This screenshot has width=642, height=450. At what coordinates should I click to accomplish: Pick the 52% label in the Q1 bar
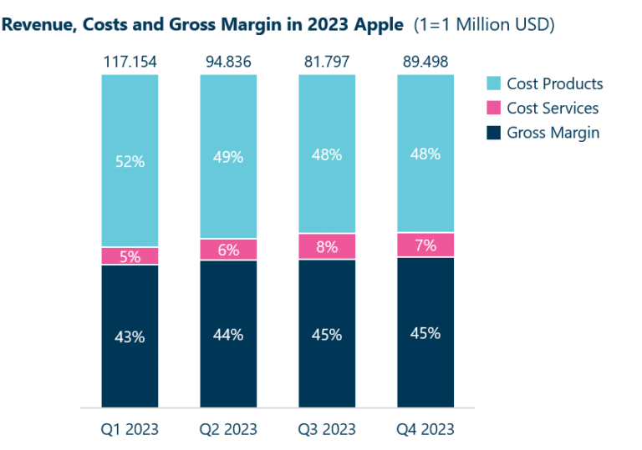pos(130,162)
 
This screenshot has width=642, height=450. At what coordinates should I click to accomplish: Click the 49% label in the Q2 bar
pos(228,157)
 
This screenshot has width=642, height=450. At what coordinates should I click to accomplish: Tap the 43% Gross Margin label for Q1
pos(130,337)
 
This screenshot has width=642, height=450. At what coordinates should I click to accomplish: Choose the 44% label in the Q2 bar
pos(228,335)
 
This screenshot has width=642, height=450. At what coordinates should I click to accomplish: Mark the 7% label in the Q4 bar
pos(425,245)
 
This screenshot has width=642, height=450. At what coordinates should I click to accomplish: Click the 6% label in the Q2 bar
pos(228,250)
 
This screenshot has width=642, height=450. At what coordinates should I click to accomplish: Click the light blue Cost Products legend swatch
pos(493,83)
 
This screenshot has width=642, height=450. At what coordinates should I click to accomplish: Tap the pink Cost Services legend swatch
pos(493,108)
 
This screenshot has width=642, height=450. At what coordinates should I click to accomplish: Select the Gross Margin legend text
pos(553,132)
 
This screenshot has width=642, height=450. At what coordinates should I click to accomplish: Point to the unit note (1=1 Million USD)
pos(484,25)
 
